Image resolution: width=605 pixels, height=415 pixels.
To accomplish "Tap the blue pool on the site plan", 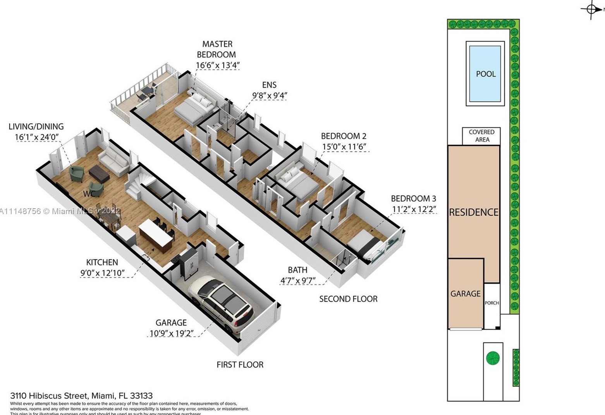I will pyautogui.click(x=485, y=74).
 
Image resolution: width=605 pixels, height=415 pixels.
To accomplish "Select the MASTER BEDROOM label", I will pyautogui.click(x=217, y=49).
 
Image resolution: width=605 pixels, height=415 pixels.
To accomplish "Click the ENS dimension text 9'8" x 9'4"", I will pyautogui.click(x=270, y=95).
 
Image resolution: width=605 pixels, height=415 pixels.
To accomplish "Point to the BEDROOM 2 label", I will pyautogui.click(x=343, y=136).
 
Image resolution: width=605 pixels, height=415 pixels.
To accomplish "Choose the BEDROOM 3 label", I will pyautogui.click(x=413, y=199).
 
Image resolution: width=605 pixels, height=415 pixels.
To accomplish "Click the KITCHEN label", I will pyautogui.click(x=102, y=262).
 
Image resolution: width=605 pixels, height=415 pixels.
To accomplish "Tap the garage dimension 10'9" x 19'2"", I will pyautogui.click(x=171, y=333).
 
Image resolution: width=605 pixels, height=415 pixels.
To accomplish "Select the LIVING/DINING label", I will pyautogui.click(x=36, y=127).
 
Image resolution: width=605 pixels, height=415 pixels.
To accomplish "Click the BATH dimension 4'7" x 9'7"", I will pyautogui.click(x=297, y=280).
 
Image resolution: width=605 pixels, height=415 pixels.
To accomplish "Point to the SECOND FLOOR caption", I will pyautogui.click(x=348, y=299).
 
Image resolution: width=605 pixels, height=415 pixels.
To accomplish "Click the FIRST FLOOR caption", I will pyautogui.click(x=240, y=365).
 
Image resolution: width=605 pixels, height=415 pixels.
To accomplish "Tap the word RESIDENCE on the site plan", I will pyautogui.click(x=473, y=212).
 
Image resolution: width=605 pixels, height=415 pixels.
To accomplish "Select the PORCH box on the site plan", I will pyautogui.click(x=492, y=303).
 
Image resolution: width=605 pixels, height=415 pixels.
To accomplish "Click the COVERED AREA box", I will pyautogui.click(x=481, y=136).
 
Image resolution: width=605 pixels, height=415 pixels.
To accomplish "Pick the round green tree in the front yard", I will pyautogui.click(x=493, y=358).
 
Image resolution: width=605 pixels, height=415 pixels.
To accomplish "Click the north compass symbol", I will pyautogui.click(x=591, y=9).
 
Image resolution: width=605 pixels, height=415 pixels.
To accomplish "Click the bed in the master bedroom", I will pyautogui.click(x=194, y=107).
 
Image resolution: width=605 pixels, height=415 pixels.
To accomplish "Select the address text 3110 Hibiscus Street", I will pyautogui.click(x=81, y=396).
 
